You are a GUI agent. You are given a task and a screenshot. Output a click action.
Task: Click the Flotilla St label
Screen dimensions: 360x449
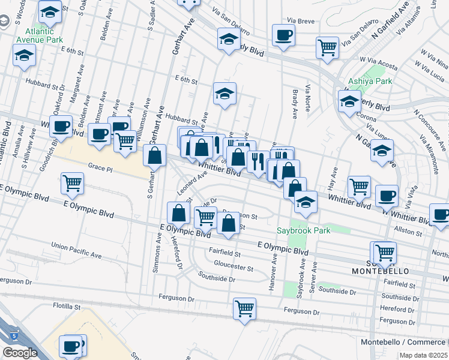click(67, 306)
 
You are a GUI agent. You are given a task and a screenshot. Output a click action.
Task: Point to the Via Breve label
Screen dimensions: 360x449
click(301, 20)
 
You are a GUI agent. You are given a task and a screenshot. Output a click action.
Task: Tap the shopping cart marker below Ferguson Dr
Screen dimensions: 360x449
click(244, 309)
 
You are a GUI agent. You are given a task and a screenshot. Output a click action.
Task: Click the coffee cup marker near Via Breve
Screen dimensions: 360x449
click(283, 35)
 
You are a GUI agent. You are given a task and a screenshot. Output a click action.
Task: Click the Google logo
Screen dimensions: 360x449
click(20, 353)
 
